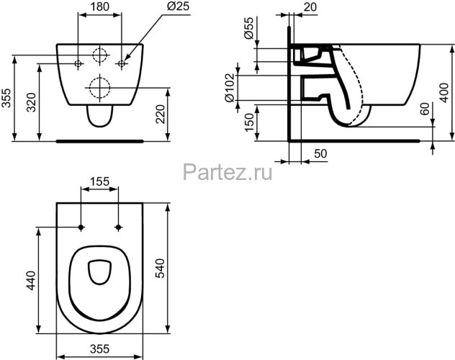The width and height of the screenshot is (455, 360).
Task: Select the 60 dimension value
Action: point(425,111)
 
